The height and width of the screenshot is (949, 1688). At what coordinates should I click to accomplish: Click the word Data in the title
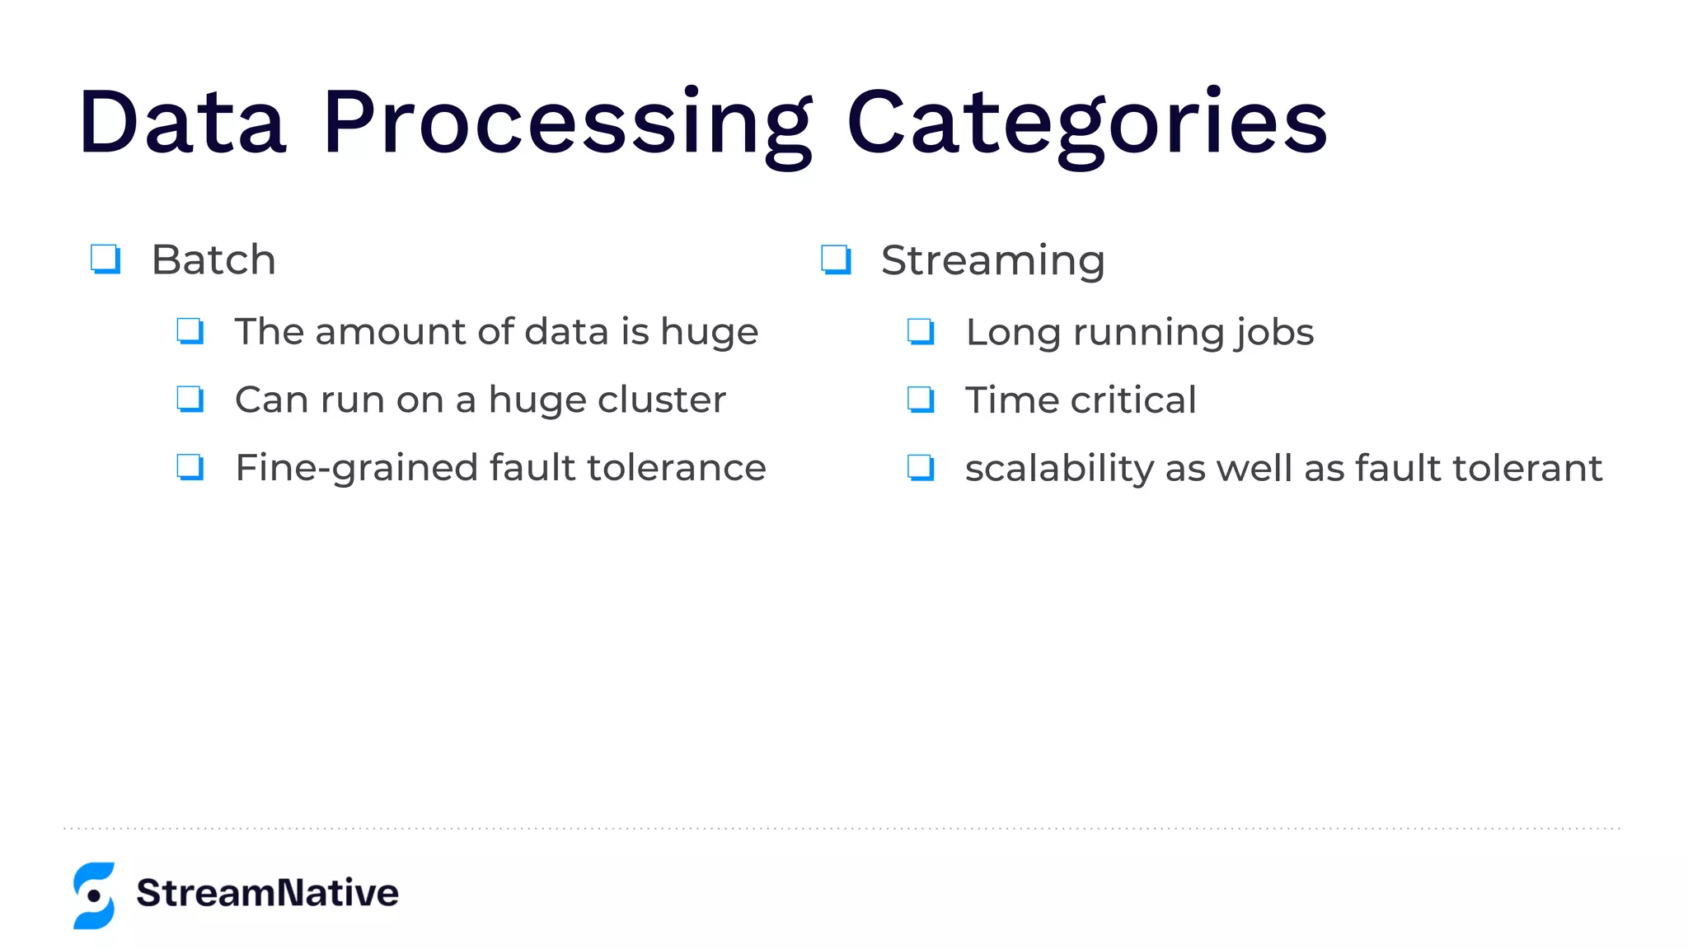182,124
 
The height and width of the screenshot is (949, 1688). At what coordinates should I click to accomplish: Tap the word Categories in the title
1086,124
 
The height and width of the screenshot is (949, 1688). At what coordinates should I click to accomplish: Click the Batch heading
213,260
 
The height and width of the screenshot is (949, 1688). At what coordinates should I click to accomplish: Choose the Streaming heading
992,260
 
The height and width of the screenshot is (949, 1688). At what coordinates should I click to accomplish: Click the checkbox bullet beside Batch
105,259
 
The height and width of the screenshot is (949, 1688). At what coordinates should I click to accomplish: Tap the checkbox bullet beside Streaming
836,259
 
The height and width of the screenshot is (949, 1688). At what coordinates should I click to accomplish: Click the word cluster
662,400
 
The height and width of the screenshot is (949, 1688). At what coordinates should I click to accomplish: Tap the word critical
1133,400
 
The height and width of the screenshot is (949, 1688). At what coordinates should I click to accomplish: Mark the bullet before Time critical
921,400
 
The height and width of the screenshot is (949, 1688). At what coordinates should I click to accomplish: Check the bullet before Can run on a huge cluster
190,400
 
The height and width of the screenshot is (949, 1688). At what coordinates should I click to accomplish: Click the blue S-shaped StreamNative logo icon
94,895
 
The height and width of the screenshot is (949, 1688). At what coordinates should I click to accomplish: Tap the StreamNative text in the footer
267,893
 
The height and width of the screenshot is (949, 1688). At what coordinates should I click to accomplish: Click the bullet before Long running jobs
921,332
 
